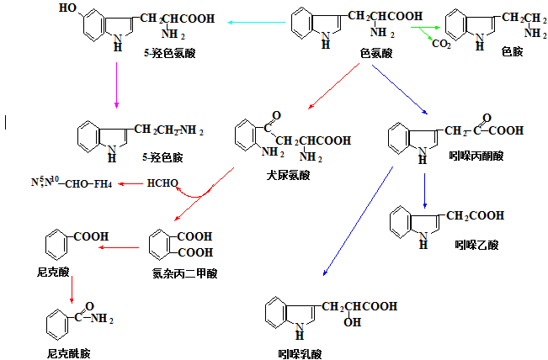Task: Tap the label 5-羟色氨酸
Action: pos(170,54)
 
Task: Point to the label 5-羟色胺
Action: pos(162,156)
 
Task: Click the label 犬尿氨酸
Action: pos(287,175)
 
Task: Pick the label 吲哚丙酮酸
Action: pos(476,156)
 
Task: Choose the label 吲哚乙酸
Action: pos(477,245)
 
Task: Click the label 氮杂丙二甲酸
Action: pos(184,273)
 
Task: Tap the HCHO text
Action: pos(162,183)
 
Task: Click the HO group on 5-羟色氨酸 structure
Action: pos(71,8)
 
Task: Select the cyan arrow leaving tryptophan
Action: pos(244,24)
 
